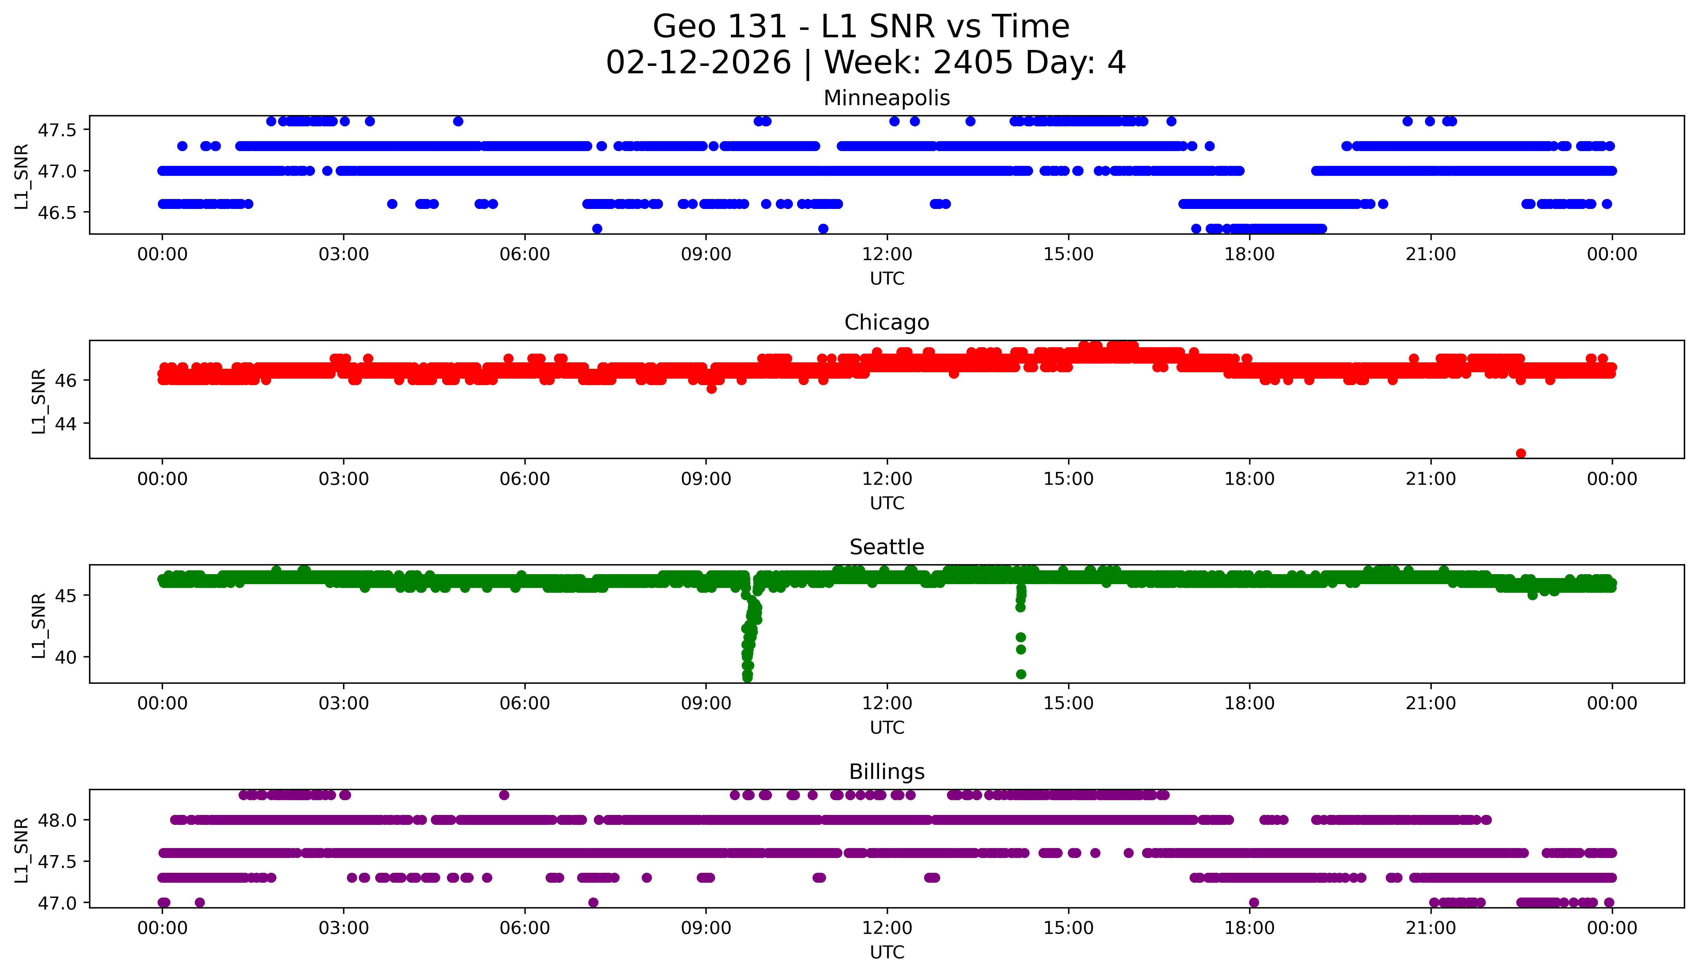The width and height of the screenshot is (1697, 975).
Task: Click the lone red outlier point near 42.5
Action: click(1521, 453)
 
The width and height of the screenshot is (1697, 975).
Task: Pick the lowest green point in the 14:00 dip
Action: click(1021, 674)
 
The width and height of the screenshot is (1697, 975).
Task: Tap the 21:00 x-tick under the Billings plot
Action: click(1430, 928)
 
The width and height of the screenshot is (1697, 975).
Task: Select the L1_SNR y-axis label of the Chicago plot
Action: click(39, 401)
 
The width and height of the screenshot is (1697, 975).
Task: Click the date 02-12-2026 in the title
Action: click(698, 63)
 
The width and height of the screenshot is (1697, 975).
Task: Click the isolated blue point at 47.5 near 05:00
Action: click(458, 121)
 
